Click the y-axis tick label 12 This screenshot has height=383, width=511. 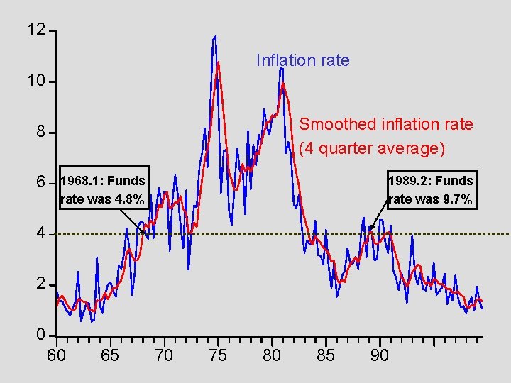pyautogui.click(x=35, y=30)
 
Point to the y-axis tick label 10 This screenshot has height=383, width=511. pyautogui.click(x=35, y=81)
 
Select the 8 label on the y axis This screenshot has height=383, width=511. pyautogui.click(x=40, y=133)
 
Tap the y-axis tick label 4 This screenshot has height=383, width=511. pyautogui.click(x=40, y=233)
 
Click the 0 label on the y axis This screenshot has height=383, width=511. pyautogui.click(x=40, y=334)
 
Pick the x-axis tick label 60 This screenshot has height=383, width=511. pyautogui.click(x=56, y=355)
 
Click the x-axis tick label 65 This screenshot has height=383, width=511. pyautogui.click(x=110, y=355)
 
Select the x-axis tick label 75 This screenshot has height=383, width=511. pyautogui.click(x=218, y=355)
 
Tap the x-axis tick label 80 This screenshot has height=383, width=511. pyautogui.click(x=272, y=355)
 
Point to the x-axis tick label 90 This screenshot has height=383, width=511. pyautogui.click(x=380, y=355)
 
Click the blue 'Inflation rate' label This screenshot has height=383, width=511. pyautogui.click(x=302, y=60)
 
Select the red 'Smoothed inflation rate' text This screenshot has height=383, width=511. pyautogui.click(x=385, y=124)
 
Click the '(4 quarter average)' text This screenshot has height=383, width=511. pyautogui.click(x=372, y=148)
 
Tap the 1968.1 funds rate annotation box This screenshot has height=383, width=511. pyautogui.click(x=104, y=190)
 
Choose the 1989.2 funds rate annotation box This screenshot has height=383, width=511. pyautogui.click(x=430, y=190)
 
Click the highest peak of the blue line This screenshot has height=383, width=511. pyautogui.click(x=214, y=37)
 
